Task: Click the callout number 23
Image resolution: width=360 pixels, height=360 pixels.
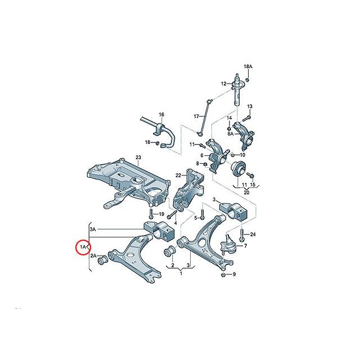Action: point(138,157)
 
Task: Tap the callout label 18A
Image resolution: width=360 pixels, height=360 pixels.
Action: point(248,66)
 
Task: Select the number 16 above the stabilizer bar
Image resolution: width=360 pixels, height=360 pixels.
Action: point(161,114)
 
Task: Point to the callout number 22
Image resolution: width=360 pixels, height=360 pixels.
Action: point(178,175)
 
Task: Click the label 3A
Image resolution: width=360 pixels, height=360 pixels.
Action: point(93,229)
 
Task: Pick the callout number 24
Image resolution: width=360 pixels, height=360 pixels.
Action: point(253,235)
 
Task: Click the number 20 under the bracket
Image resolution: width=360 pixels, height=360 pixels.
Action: point(246,192)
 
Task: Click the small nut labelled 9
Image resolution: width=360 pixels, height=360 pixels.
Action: point(223,274)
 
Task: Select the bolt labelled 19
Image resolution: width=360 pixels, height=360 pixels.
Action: point(151,214)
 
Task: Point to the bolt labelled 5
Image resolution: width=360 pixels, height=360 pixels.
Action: point(202,214)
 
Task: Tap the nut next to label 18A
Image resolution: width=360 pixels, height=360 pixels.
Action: point(247,80)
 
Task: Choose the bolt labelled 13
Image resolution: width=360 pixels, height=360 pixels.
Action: point(246,118)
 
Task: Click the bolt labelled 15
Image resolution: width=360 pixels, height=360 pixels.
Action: point(250,175)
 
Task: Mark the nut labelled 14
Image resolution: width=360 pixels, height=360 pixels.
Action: point(229,128)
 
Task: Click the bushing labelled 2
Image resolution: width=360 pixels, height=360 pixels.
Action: point(170,251)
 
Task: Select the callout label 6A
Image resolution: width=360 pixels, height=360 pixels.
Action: point(230,134)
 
